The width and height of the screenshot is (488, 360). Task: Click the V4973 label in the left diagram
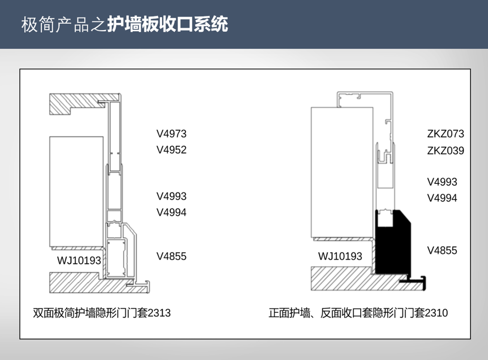171,134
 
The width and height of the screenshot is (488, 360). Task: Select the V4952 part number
171,150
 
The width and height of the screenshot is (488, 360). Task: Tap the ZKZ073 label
446,134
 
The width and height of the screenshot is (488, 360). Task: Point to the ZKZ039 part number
446,151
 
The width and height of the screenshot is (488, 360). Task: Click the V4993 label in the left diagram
171,196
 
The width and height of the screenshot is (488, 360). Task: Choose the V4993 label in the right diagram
442,182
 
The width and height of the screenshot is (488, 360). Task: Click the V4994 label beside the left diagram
171,213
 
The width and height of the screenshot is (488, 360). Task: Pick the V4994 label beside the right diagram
442,198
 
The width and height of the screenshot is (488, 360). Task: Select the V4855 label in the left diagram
171,257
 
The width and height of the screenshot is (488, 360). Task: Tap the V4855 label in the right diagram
442,250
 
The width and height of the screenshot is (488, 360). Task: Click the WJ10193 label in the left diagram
79,260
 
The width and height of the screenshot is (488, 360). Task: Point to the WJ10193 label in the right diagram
340,257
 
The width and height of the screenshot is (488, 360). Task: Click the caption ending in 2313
102,313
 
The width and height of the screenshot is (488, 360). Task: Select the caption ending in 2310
358,313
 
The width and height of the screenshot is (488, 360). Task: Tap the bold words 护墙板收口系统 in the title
168,24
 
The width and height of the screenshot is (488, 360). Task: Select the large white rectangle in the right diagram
342,172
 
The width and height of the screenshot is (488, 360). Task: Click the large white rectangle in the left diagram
76,192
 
